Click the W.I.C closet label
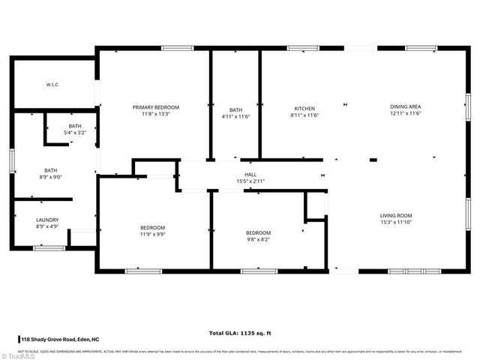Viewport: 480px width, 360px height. click(x=51, y=85)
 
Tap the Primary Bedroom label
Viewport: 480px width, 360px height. click(x=156, y=107)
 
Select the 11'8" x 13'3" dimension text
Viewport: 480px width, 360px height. click(x=156, y=114)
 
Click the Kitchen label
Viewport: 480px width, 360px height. click(x=304, y=107)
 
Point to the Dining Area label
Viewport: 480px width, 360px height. click(x=406, y=107)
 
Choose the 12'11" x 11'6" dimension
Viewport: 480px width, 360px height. click(x=406, y=114)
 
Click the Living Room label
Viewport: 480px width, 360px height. click(x=396, y=215)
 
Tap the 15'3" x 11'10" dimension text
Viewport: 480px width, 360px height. click(x=396, y=222)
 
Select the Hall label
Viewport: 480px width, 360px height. click(x=250, y=174)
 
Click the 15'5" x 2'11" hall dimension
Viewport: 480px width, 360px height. click(x=250, y=181)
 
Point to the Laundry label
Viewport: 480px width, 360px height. click(x=47, y=220)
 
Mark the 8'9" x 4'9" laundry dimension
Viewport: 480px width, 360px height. click(x=47, y=226)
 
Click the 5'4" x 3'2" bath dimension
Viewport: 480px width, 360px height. click(x=74, y=133)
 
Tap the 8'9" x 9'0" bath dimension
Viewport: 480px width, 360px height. click(x=50, y=177)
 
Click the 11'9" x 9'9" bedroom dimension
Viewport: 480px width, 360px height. click(x=152, y=234)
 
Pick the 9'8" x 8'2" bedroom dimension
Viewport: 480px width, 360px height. click(x=258, y=239)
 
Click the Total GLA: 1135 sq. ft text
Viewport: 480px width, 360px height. click(x=240, y=332)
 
